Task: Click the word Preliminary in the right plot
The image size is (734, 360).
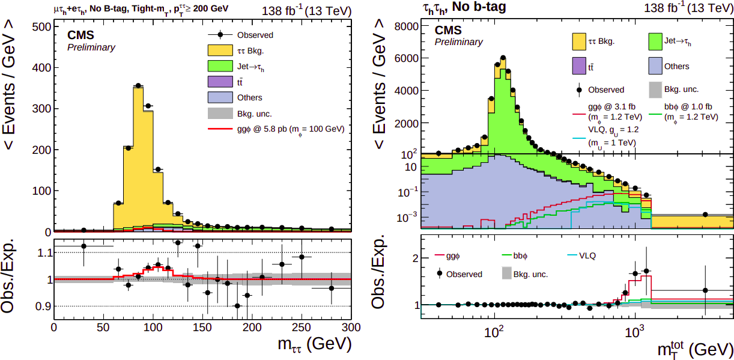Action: [458, 42]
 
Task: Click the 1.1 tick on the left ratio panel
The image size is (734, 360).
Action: [43, 253]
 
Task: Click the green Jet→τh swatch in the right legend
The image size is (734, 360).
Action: [661, 41]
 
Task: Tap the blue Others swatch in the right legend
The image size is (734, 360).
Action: [661, 66]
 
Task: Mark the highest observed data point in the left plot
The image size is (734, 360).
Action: [138, 85]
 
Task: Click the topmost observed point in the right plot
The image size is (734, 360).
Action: [503, 58]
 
